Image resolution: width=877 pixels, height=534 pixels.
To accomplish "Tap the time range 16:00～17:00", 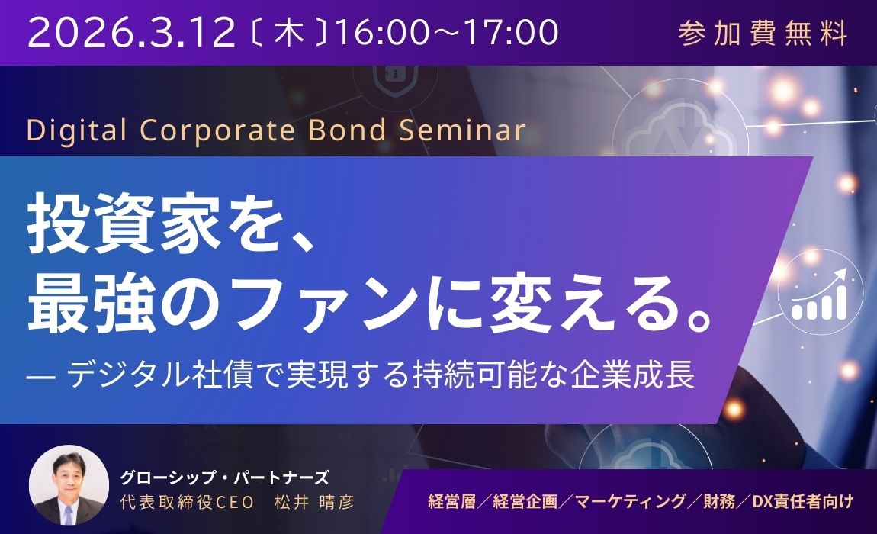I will click(447, 33).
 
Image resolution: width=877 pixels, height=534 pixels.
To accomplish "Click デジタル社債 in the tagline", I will click(169, 376).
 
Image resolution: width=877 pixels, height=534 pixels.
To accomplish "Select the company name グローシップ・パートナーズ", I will click(223, 478).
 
